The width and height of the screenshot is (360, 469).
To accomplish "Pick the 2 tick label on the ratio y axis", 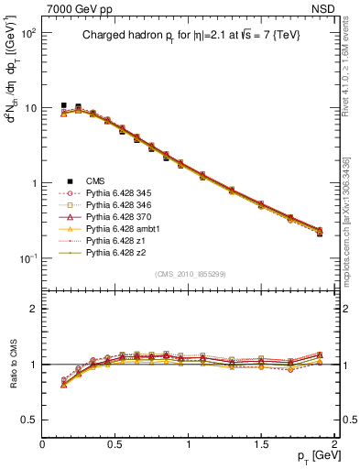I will pos(32,309).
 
